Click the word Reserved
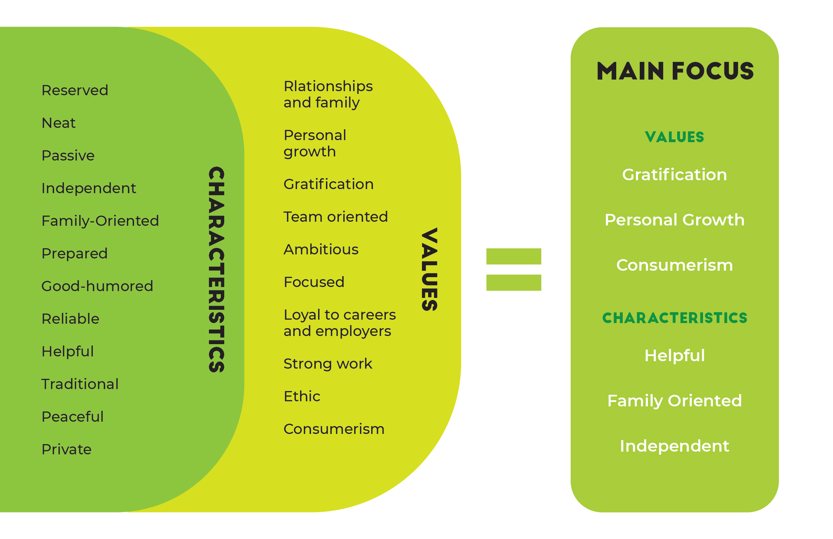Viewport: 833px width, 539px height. point(75,90)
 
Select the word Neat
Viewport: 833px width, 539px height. point(59,123)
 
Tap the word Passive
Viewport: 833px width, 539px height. point(68,156)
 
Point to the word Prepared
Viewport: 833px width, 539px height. point(75,254)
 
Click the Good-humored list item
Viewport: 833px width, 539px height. point(97,286)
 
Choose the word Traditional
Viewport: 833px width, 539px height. point(80,384)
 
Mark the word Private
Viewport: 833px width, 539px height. point(66,450)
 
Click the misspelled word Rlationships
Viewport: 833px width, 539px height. point(328,86)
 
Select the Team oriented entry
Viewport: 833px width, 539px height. point(336,217)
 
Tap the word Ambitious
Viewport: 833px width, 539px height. point(321,249)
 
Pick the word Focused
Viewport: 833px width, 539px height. point(314,282)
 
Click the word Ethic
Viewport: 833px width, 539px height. point(302,396)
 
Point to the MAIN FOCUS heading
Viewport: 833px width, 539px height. point(675,71)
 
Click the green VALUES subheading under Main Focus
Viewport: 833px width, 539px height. point(674,137)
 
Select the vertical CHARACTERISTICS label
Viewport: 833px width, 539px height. point(216,269)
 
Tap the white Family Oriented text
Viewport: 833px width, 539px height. point(674,401)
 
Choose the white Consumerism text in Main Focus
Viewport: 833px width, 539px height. point(674,265)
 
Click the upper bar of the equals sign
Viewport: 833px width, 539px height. point(513,256)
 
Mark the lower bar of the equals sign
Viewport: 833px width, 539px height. point(513,283)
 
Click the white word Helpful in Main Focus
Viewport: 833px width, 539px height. point(674,356)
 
